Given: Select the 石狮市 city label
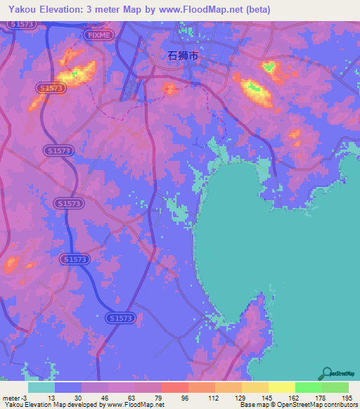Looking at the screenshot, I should (184, 60).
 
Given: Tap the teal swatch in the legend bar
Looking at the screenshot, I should (41, 387).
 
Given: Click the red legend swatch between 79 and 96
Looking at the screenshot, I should (174, 387).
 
